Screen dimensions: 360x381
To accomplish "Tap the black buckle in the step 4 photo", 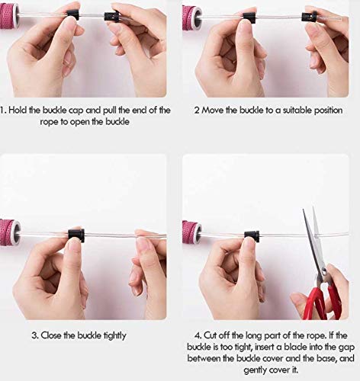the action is [252, 236].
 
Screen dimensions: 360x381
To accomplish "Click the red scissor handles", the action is [322, 302].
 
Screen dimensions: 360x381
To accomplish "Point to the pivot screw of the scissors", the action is [324, 271].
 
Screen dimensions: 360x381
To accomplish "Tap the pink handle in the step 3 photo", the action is [10, 232].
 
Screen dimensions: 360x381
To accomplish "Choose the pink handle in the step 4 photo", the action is [192, 233].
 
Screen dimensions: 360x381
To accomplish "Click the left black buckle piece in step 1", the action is [72, 15].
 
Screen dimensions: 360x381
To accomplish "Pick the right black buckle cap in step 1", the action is [111, 17].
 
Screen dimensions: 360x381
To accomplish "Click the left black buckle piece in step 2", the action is [249, 18].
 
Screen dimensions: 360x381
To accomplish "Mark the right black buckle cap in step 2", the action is [309, 16].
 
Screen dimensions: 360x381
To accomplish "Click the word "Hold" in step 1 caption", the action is [18, 110].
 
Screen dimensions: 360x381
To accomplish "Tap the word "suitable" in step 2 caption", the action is [297, 110].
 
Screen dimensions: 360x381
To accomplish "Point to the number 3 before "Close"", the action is [34, 335].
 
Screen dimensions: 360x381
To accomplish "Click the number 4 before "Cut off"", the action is [198, 335].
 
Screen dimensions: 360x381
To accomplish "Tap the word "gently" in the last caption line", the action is [256, 370].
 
